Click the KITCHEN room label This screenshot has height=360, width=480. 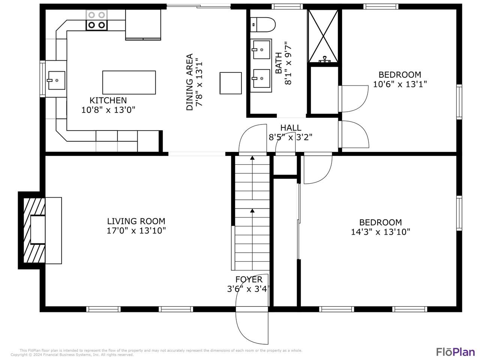(x=108, y=100)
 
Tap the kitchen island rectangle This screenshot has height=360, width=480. (x=129, y=82)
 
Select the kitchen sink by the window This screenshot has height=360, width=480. (x=56, y=80)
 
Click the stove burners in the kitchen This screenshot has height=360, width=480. (x=96, y=20)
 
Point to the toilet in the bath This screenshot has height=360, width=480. (x=262, y=25)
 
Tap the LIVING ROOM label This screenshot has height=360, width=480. (x=136, y=221)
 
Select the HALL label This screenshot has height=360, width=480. (x=291, y=127)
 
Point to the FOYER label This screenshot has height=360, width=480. (x=249, y=279)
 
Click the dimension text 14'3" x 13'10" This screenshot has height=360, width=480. (x=381, y=232)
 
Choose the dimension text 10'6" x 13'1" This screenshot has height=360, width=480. (x=400, y=84)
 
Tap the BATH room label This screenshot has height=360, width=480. (x=278, y=63)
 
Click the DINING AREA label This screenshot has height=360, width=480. (x=190, y=82)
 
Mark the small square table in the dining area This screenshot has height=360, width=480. (x=231, y=83)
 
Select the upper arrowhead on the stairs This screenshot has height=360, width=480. (x=252, y=157)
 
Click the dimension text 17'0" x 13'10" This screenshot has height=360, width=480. (x=136, y=231)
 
